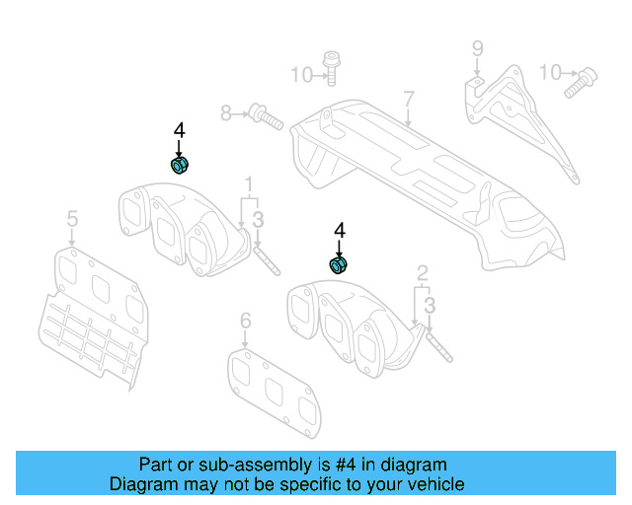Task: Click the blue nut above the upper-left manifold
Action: coord(179,165)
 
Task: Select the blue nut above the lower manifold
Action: coord(339,264)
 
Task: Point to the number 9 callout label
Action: coord(477,47)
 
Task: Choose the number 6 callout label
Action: coord(246,321)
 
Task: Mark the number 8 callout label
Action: coord(226,114)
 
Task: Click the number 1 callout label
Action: coord(250,184)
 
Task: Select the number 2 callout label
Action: coord(422,272)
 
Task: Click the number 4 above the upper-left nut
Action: coord(179,129)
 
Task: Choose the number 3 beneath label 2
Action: coord(429,307)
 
